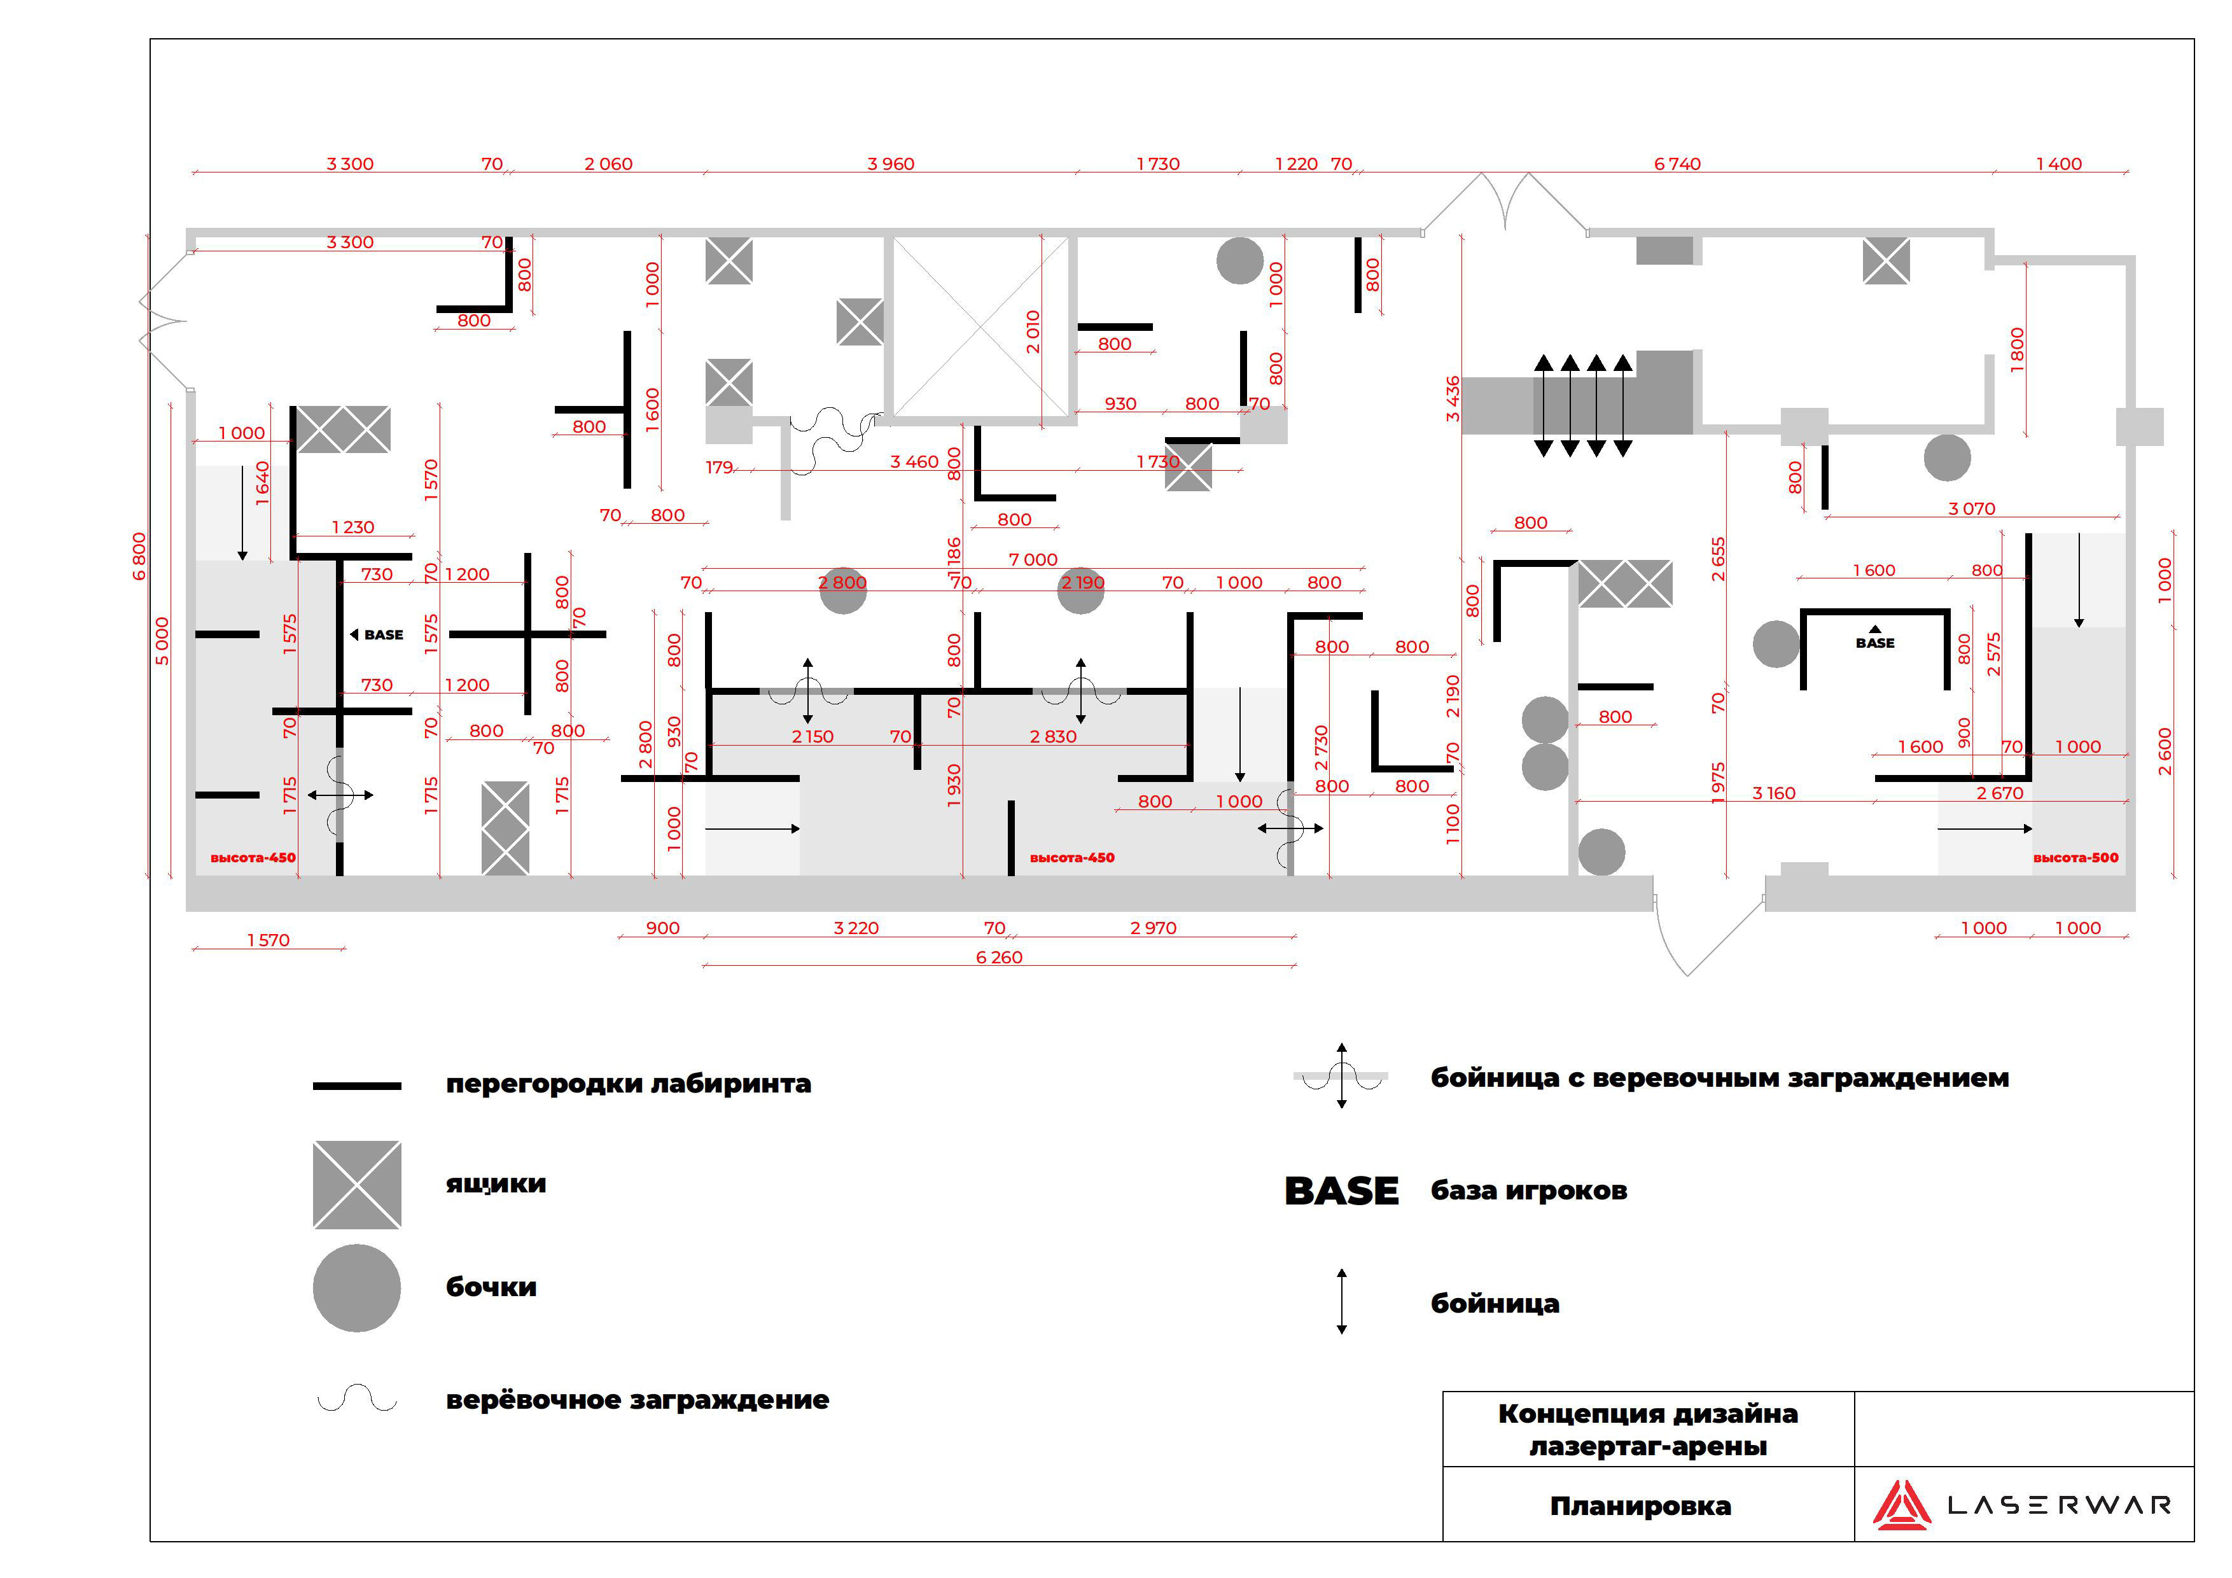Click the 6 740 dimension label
pyautogui.click(x=1677, y=164)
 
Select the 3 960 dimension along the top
pyautogui.click(x=891, y=164)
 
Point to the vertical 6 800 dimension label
pyautogui.click(x=139, y=556)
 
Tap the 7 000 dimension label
pyautogui.click(x=1033, y=559)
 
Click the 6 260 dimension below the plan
pyautogui.click(x=1000, y=958)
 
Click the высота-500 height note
pyautogui.click(x=2075, y=858)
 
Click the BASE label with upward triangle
pyautogui.click(x=1875, y=639)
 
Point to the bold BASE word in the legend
pyautogui.click(x=1341, y=1191)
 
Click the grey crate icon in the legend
pyautogui.click(x=357, y=1184)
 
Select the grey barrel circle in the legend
pyautogui.click(x=357, y=1288)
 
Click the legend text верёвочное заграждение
pyautogui.click(x=638, y=1400)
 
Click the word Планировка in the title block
pyautogui.click(x=1641, y=1506)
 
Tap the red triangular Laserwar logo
pyautogui.click(x=1902, y=1505)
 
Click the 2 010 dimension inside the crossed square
pyautogui.click(x=1033, y=332)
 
